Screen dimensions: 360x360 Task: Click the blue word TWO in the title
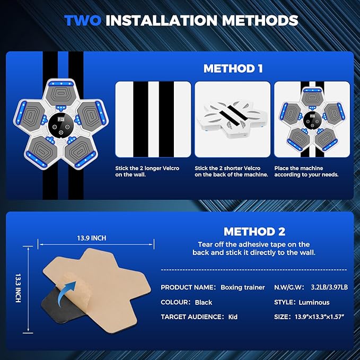tap(83, 21)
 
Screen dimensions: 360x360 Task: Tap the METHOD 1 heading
tap(233, 68)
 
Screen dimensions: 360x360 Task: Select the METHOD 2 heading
tap(254, 231)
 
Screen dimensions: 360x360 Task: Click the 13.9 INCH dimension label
tap(92, 238)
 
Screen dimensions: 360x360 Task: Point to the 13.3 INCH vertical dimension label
tap(18, 288)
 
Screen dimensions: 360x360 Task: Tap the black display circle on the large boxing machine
tap(61, 125)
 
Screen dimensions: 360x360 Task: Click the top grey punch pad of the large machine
tap(60, 94)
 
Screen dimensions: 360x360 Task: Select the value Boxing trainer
tap(243, 287)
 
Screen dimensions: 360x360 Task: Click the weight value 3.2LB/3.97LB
tap(329, 287)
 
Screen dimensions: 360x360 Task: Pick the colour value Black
tap(204, 302)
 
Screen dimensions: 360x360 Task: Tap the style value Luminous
tap(314, 302)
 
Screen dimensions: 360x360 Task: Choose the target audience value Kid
tap(233, 317)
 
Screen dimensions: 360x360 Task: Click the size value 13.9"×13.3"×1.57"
tap(319, 317)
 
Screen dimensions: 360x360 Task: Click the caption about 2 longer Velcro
tap(147, 171)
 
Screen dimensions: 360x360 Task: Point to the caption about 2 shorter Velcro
tap(231, 171)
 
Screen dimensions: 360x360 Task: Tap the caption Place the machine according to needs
tap(306, 171)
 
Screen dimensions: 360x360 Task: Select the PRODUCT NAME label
tap(188, 287)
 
